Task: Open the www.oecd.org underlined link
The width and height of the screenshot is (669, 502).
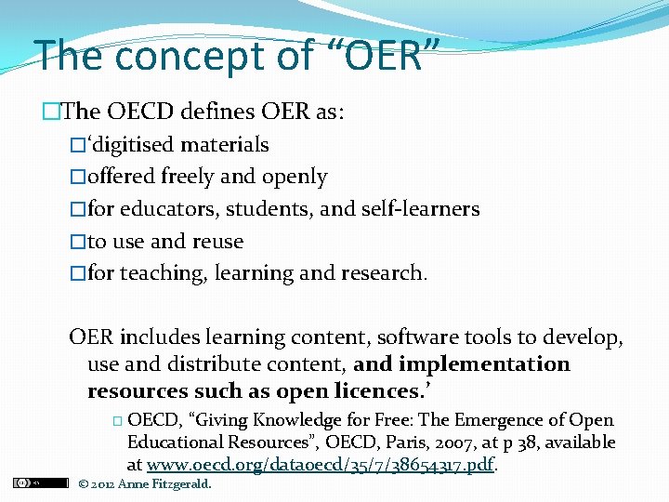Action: [321, 464]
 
